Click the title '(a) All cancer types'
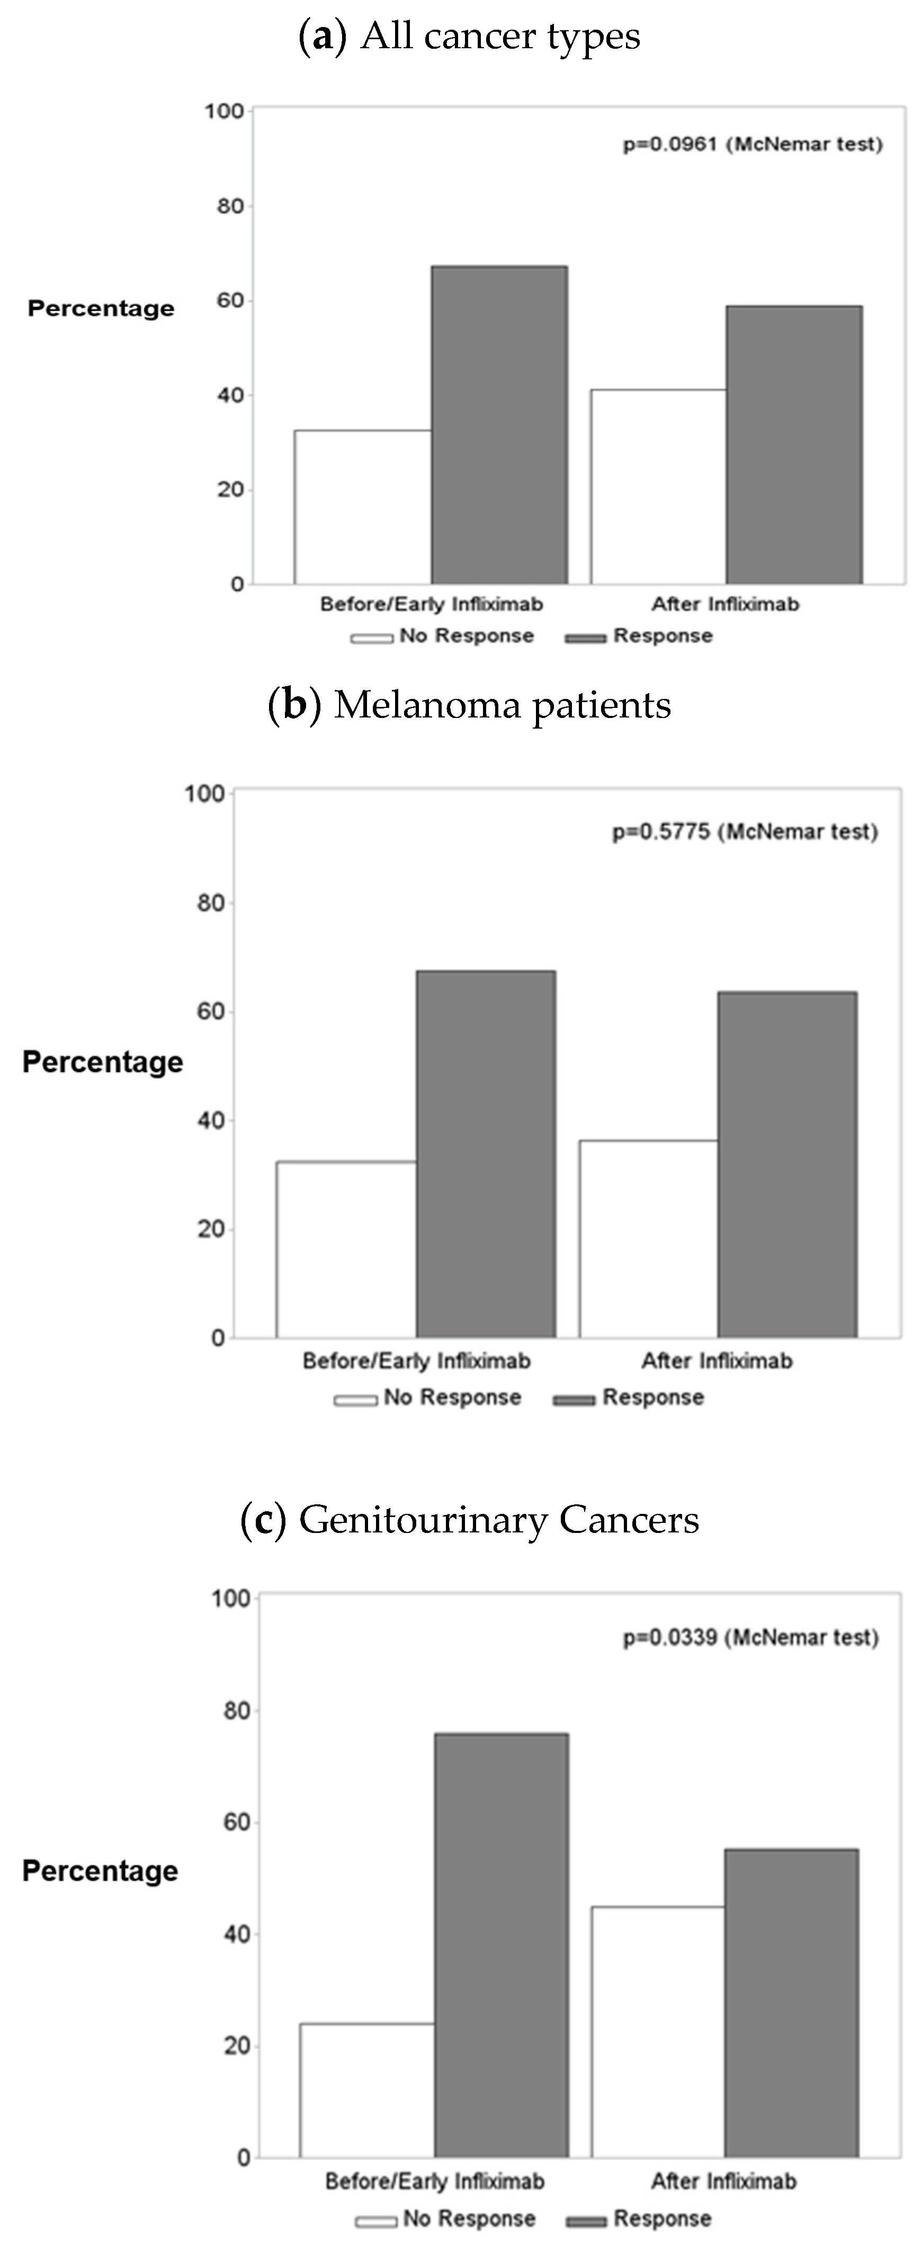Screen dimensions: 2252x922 click(469, 37)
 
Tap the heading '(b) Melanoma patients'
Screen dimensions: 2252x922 click(469, 705)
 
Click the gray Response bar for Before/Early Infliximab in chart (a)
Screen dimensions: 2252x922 click(499, 425)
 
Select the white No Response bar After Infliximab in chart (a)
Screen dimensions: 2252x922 click(658, 487)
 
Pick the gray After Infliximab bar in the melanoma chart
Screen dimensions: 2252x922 click(787, 1165)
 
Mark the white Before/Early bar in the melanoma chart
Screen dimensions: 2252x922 click(346, 1249)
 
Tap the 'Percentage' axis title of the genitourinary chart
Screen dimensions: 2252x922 click(101, 1871)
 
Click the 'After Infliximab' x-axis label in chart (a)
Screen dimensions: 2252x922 click(724, 604)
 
